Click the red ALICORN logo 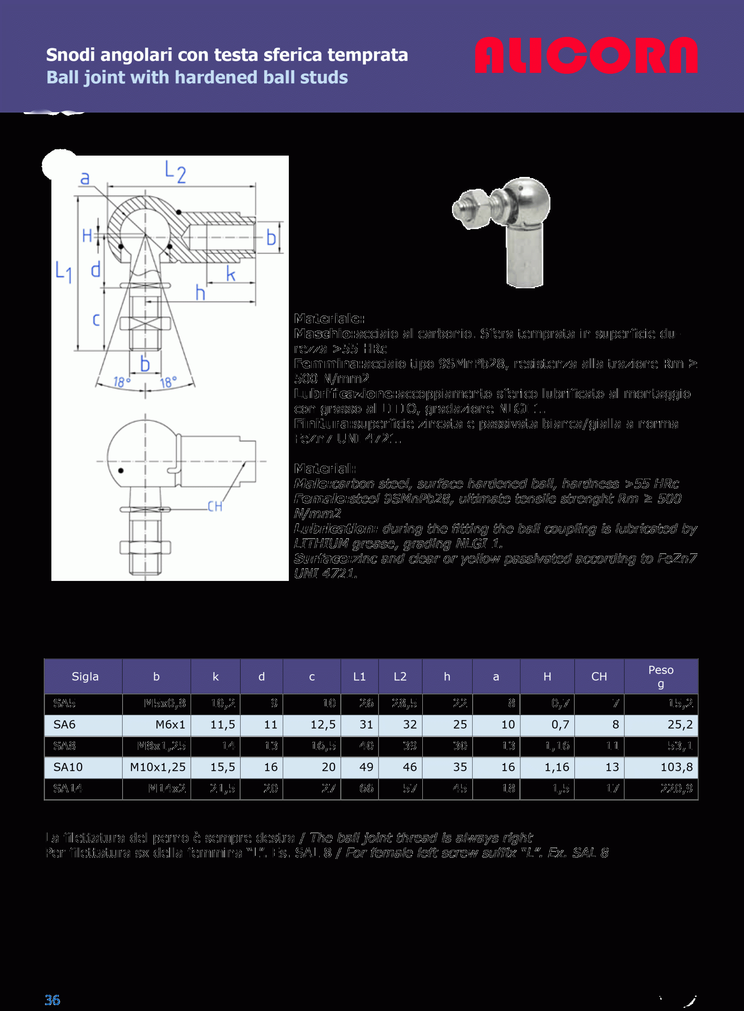coord(586,55)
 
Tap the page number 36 coord(52,1000)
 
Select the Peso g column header coord(661,676)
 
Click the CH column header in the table coord(599,677)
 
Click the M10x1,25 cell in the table coord(158,767)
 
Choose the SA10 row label coord(68,767)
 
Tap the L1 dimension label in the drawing coord(64,271)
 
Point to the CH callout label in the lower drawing coord(215,507)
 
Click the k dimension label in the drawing coord(231,274)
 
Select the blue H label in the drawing coord(87,235)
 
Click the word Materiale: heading coord(329,319)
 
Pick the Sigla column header coord(85,677)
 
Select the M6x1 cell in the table coord(170,724)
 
